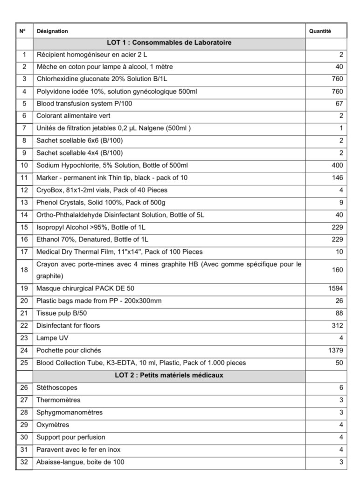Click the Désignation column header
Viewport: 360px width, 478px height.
[52, 31]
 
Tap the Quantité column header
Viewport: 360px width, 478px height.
[320, 31]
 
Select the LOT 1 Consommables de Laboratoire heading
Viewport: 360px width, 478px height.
[169, 42]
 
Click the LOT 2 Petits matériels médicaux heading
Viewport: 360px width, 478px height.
[169, 375]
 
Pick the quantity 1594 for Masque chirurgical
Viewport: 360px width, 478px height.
[336, 288]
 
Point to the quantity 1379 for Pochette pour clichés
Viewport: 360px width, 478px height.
[336, 351]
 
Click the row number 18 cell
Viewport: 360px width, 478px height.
[24, 270]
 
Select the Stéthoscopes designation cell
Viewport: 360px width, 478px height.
[57, 388]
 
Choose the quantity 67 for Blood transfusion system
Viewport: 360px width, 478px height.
[339, 104]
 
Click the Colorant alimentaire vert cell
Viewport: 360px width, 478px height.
[73, 116]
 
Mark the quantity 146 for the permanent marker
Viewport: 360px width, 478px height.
[337, 177]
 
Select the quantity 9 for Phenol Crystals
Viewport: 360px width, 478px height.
[341, 202]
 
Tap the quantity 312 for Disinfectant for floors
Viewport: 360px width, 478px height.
[337, 325]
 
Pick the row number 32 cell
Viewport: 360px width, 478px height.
[24, 462]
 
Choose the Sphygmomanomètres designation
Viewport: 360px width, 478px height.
[69, 413]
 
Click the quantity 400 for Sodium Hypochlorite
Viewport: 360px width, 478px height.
[337, 165]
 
